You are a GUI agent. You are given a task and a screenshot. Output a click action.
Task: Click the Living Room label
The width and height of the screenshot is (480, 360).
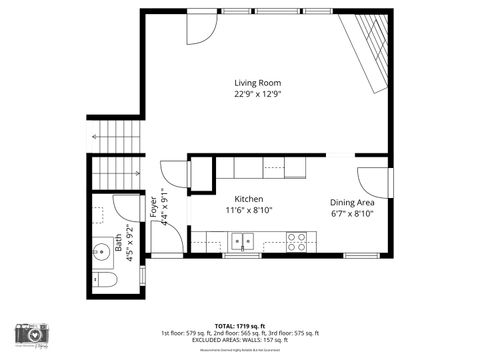coord(257,82)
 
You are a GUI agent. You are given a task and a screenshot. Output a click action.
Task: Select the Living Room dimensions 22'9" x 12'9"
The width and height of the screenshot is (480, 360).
coord(257,94)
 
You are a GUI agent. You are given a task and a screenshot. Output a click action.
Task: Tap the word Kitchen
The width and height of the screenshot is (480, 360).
coord(249,199)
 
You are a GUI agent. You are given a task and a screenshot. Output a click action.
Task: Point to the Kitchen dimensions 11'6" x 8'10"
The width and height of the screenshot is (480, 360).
coord(249,211)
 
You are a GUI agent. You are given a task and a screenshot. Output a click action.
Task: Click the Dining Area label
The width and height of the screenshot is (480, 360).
coord(352,202)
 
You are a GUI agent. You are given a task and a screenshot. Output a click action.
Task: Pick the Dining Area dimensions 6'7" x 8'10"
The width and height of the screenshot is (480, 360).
coord(352,213)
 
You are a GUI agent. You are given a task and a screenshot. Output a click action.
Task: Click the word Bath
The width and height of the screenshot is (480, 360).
coord(118,241)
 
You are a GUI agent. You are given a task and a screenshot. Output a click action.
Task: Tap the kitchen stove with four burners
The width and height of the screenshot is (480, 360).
coord(297,241)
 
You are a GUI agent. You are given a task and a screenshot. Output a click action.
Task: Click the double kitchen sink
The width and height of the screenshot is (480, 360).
coord(241,241)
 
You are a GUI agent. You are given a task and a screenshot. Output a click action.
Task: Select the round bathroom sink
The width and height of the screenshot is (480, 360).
coord(101,250)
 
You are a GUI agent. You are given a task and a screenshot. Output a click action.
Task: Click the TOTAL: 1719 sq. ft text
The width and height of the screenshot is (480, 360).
coord(239,325)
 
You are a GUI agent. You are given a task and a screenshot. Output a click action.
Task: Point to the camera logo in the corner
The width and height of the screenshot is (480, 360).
coord(31,334)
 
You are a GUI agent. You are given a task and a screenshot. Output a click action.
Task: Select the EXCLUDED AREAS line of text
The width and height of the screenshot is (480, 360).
coord(239,340)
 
